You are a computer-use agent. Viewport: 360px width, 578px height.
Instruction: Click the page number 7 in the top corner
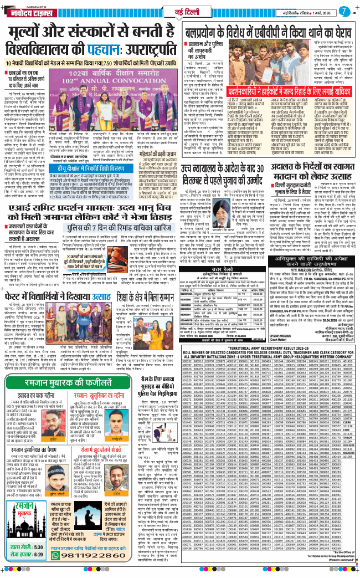tap(345, 11)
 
